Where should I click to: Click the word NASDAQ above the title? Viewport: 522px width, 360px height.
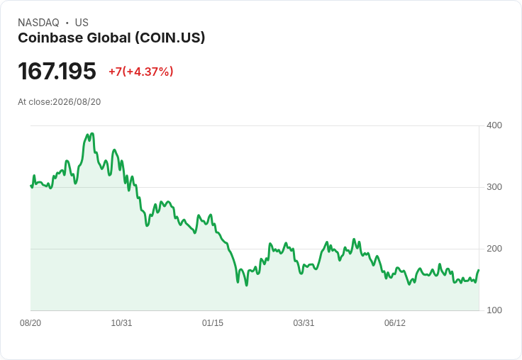38,23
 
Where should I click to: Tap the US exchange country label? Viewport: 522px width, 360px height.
82,23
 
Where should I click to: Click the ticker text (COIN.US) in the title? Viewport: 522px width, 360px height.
170,38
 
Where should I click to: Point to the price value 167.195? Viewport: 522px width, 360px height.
57,71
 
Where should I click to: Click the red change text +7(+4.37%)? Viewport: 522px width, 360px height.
141,72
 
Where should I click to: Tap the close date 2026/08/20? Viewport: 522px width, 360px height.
77,102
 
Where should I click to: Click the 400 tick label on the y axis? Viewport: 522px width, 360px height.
494,125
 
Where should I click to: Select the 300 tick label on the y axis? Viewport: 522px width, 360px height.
494,187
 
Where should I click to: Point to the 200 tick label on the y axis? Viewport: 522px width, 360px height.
494,249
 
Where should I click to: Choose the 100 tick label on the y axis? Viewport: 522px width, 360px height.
494,310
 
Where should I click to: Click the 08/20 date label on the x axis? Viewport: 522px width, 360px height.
30,323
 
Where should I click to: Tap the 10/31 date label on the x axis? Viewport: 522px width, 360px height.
121,323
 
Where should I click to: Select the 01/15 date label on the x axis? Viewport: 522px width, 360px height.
213,323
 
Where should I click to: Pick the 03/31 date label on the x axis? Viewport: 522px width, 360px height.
304,323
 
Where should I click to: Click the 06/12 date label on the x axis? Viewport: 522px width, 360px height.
395,323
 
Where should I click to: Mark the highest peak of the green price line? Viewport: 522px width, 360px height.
92,134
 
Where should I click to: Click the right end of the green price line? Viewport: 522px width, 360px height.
479,270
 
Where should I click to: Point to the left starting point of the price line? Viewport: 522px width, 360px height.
31,186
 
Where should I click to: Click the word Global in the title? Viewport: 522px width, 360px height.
109,38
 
